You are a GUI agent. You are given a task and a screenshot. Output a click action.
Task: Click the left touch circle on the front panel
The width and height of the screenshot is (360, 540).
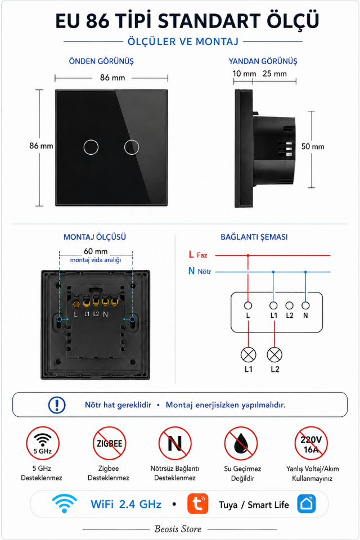(x=84, y=147)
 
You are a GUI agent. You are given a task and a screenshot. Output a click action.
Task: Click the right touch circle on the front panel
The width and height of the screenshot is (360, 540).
(x=124, y=147)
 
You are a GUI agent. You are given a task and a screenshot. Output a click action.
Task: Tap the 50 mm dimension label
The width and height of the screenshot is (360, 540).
(x=313, y=147)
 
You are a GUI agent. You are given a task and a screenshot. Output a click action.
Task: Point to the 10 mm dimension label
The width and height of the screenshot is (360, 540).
(x=244, y=74)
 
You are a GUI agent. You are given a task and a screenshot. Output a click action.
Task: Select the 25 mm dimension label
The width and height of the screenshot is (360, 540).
(x=274, y=74)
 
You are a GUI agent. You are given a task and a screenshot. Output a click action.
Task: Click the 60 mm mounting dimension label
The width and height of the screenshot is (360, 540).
(x=96, y=251)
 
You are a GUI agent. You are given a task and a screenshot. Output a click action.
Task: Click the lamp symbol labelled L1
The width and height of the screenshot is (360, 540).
(x=249, y=355)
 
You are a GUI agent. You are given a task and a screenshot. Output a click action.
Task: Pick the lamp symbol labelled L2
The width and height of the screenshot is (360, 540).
(x=274, y=355)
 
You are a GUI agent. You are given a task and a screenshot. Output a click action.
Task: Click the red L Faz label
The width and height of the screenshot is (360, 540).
(x=198, y=255)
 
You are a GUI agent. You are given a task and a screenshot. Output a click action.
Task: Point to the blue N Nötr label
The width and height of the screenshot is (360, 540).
(x=200, y=271)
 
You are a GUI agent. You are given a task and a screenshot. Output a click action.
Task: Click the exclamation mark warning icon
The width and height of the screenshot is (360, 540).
(x=57, y=404)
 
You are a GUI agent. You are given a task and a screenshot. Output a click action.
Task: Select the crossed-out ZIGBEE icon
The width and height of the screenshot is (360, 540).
(x=109, y=443)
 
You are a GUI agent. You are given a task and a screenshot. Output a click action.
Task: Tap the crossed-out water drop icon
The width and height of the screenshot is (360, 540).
(x=241, y=443)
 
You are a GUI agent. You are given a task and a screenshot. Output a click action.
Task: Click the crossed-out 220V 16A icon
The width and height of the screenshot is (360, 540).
(x=311, y=443)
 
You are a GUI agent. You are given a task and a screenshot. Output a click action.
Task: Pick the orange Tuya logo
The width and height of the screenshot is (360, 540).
(x=198, y=504)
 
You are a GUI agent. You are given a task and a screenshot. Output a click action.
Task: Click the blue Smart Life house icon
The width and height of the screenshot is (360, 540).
(x=306, y=504)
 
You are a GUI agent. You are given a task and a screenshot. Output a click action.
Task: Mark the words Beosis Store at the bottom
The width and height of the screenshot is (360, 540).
(x=178, y=529)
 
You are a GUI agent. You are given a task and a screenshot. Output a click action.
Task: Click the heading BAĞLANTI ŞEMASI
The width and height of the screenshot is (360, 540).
(x=254, y=237)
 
